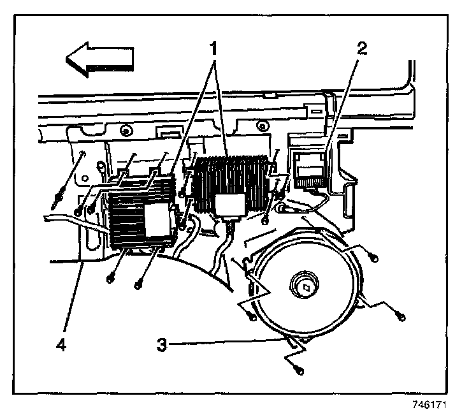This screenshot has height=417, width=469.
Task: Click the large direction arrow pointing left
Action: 100,58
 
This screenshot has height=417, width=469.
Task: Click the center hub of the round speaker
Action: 304,284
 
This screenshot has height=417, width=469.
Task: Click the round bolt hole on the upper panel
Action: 126,132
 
